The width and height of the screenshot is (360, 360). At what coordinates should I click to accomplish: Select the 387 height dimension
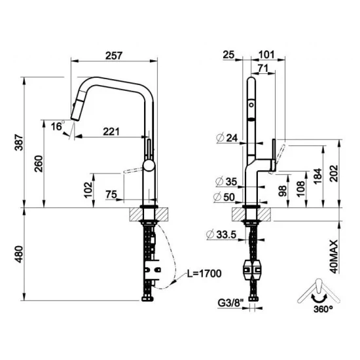pyautogui.click(x=19, y=143)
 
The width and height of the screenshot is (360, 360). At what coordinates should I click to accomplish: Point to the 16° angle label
pyautogui.click(x=58, y=126)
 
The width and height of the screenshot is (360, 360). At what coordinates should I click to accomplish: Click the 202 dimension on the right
pyautogui.click(x=333, y=173)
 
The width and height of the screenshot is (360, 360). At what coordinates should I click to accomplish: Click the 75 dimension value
pyautogui.click(x=112, y=194)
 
